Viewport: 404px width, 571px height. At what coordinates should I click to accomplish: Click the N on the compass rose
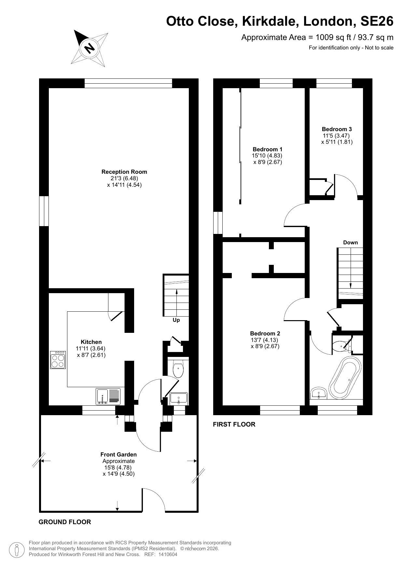point(90,48)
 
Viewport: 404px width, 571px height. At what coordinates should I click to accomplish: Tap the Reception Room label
point(124,172)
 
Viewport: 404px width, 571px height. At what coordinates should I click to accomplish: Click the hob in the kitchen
point(58,360)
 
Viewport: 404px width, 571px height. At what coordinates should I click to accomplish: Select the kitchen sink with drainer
point(108,396)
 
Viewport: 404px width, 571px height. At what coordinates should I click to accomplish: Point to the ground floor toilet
point(178,369)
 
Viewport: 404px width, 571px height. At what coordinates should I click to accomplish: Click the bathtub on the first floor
point(345,377)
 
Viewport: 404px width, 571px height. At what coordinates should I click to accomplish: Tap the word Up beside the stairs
point(176,320)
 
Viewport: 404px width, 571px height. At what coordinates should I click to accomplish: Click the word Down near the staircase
point(350,242)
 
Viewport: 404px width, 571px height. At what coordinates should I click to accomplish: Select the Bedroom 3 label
point(337,129)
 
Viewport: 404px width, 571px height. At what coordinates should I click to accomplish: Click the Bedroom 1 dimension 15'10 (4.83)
point(267,156)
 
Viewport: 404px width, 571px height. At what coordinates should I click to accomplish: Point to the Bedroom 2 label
point(265,333)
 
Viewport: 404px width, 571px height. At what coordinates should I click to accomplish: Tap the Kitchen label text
point(91,342)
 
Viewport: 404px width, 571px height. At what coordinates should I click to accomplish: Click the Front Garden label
point(118,455)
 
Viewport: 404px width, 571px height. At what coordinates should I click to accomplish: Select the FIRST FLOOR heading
point(234,424)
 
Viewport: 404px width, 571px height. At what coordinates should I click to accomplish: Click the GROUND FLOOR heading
point(65,522)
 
